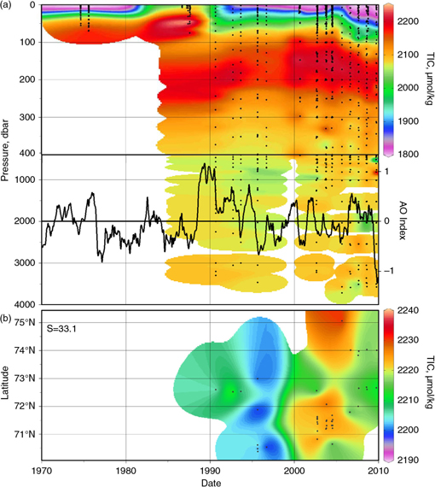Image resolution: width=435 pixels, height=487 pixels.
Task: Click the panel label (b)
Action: (8, 313)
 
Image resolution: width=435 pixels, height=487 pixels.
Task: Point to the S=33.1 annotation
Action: (63, 325)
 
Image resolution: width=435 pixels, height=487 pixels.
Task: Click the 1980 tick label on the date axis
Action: (125, 470)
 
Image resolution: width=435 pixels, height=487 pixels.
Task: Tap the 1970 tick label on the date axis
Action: (42, 470)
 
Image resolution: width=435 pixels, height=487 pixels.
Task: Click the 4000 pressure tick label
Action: (24, 304)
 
